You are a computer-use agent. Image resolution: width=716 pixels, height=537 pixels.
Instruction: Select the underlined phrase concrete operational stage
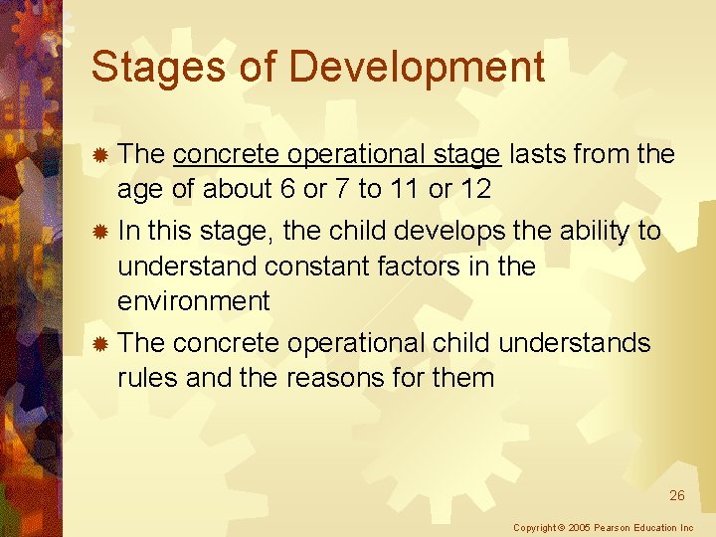pos(336,154)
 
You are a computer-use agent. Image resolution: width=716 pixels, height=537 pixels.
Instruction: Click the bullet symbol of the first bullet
pos(99,155)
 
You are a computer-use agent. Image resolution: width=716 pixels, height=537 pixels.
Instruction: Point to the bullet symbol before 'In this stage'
pos(99,232)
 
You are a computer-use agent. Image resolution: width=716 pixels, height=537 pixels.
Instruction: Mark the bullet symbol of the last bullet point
pos(99,344)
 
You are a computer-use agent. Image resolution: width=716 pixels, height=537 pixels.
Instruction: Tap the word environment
pos(193,301)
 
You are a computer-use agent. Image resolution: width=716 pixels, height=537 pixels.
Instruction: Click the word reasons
pos(328,378)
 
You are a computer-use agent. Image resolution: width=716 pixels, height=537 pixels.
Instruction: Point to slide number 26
pos(676,495)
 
